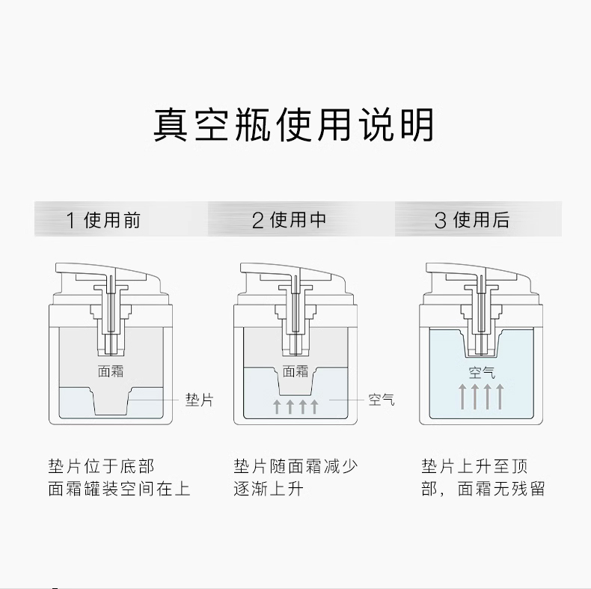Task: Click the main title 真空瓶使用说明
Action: [x=293, y=125]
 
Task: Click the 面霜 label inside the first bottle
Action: [x=111, y=371]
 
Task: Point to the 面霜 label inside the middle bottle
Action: [x=295, y=371]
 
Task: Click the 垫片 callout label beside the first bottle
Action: [x=200, y=400]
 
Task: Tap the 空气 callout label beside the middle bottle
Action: [x=382, y=400]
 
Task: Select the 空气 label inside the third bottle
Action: [x=482, y=373]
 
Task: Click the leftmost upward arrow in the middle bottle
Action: [x=277, y=407]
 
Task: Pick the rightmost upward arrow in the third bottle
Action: [x=500, y=397]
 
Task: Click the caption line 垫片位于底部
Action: [x=101, y=466]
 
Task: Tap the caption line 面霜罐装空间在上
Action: [x=119, y=489]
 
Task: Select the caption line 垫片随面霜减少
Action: [x=295, y=466]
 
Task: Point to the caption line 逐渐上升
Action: [x=269, y=489]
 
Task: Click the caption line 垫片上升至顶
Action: [x=474, y=466]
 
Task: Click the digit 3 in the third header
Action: [x=440, y=221]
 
